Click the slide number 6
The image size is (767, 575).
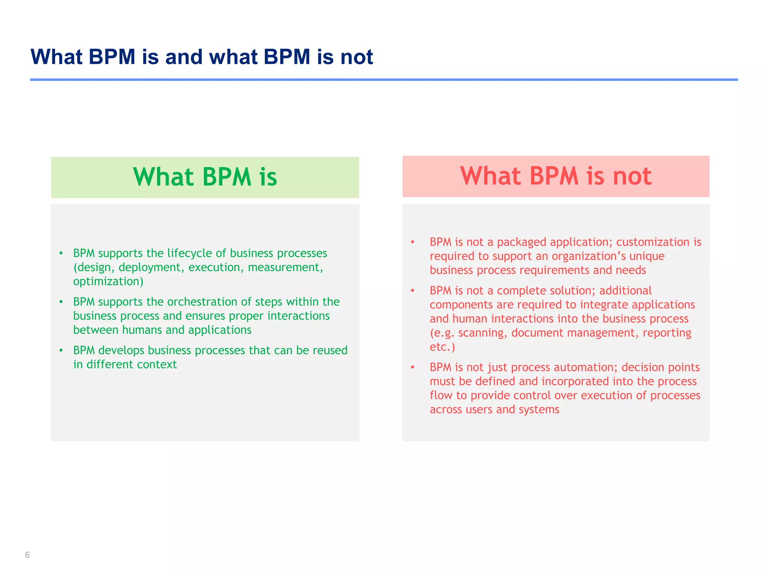(27, 555)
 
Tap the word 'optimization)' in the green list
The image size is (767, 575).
(108, 282)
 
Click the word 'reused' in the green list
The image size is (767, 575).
(330, 350)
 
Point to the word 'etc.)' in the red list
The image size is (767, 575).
(442, 347)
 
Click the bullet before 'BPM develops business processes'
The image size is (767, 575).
(61, 350)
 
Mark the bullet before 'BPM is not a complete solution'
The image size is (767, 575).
(413, 290)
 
